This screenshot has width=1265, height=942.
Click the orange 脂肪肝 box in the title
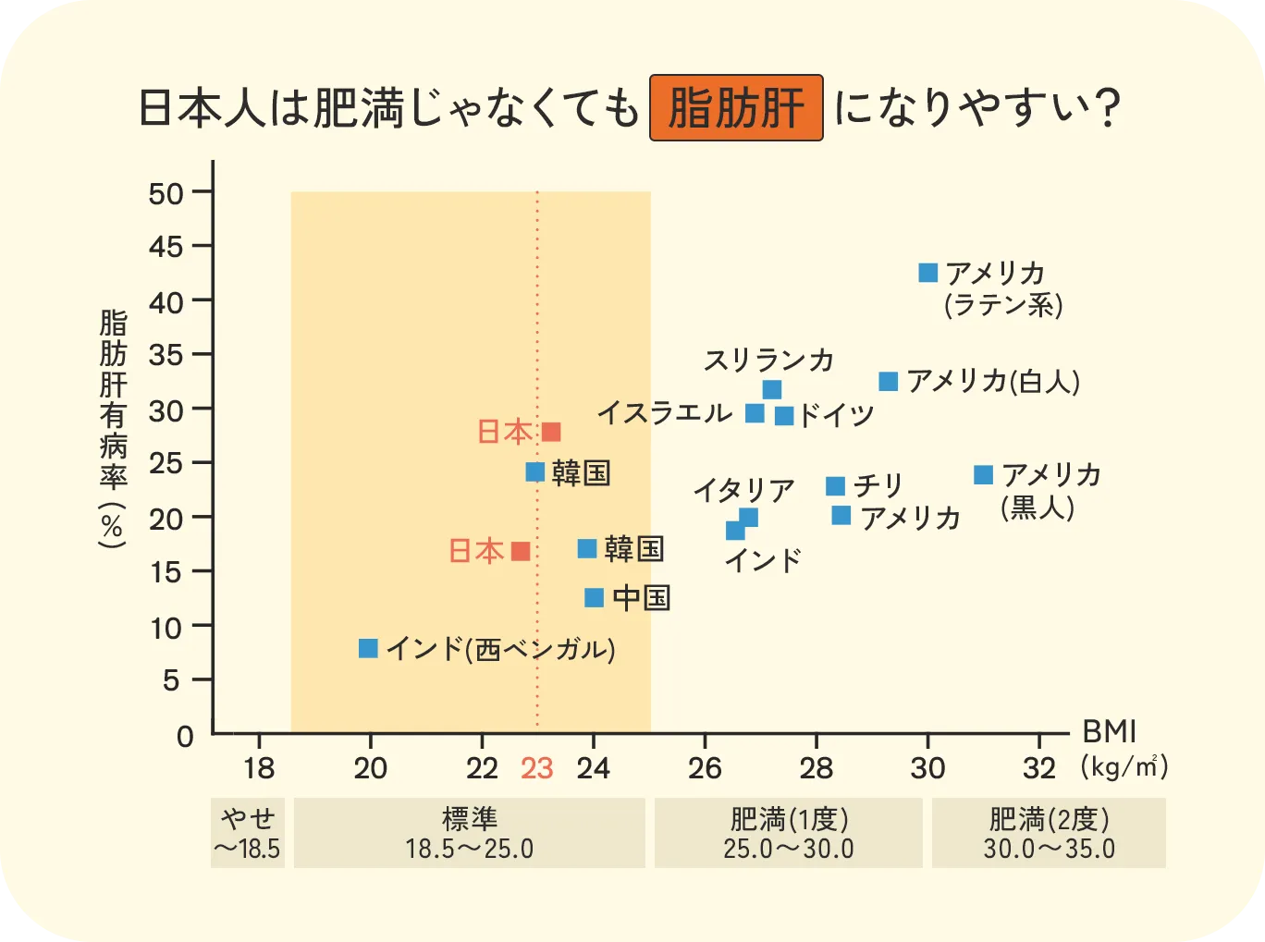pos(736,108)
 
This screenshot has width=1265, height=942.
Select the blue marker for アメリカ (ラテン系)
pos(928,273)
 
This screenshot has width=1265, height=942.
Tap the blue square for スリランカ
pos(772,389)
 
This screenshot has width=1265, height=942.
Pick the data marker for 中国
pos(595,598)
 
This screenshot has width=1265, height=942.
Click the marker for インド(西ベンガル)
pos(368,648)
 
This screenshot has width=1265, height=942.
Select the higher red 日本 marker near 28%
pos(551,432)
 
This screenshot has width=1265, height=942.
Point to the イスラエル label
pos(664,412)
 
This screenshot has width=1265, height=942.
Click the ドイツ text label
pos(836,416)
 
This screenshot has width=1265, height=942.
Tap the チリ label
pos(878,485)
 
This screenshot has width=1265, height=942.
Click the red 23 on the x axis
pos(537,768)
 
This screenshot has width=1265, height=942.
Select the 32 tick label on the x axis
pos(1039,768)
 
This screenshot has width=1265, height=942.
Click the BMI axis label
pos(1109,731)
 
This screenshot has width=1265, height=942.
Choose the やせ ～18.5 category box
pos(248,833)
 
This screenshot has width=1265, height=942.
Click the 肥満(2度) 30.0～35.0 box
pos(1049,833)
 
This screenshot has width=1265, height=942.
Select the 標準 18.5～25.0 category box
pos(469,833)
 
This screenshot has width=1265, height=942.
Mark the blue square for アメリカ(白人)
pos(889,382)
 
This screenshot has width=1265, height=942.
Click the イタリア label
pos(744,490)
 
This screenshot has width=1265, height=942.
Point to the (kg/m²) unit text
pos(1124,766)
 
